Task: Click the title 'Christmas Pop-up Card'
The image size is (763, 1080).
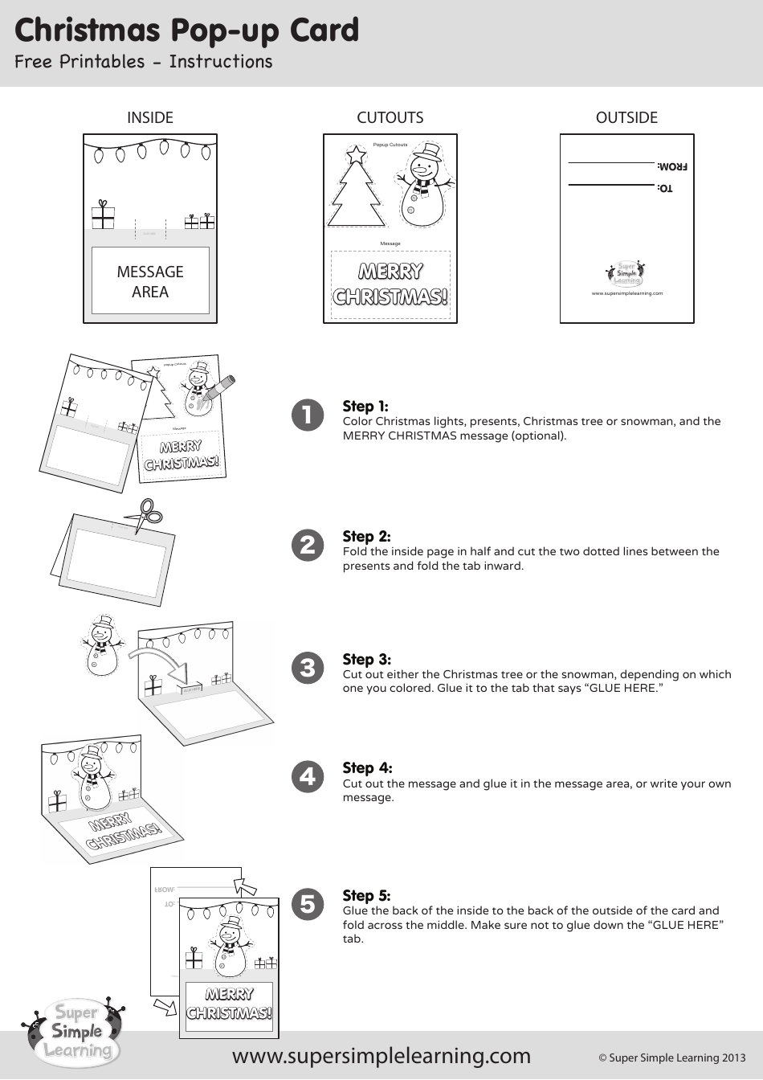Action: (186, 31)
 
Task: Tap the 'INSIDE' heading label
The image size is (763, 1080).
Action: (150, 117)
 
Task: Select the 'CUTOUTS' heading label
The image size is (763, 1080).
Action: (390, 117)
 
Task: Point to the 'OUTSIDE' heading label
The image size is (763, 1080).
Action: (626, 117)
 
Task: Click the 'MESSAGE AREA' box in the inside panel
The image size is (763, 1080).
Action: (150, 280)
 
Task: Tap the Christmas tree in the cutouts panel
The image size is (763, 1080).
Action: (356, 189)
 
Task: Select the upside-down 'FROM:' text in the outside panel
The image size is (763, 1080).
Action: (672, 166)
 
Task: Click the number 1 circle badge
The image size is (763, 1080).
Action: (308, 415)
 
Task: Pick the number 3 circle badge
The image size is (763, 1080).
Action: (308, 668)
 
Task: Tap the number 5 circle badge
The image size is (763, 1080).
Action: (308, 904)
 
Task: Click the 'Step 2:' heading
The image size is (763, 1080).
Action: (366, 536)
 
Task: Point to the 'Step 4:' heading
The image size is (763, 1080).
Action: (367, 767)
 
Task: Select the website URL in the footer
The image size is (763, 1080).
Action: (381, 1055)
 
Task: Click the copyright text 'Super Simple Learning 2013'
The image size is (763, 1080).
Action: (671, 1057)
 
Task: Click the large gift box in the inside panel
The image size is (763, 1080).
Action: (103, 215)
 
